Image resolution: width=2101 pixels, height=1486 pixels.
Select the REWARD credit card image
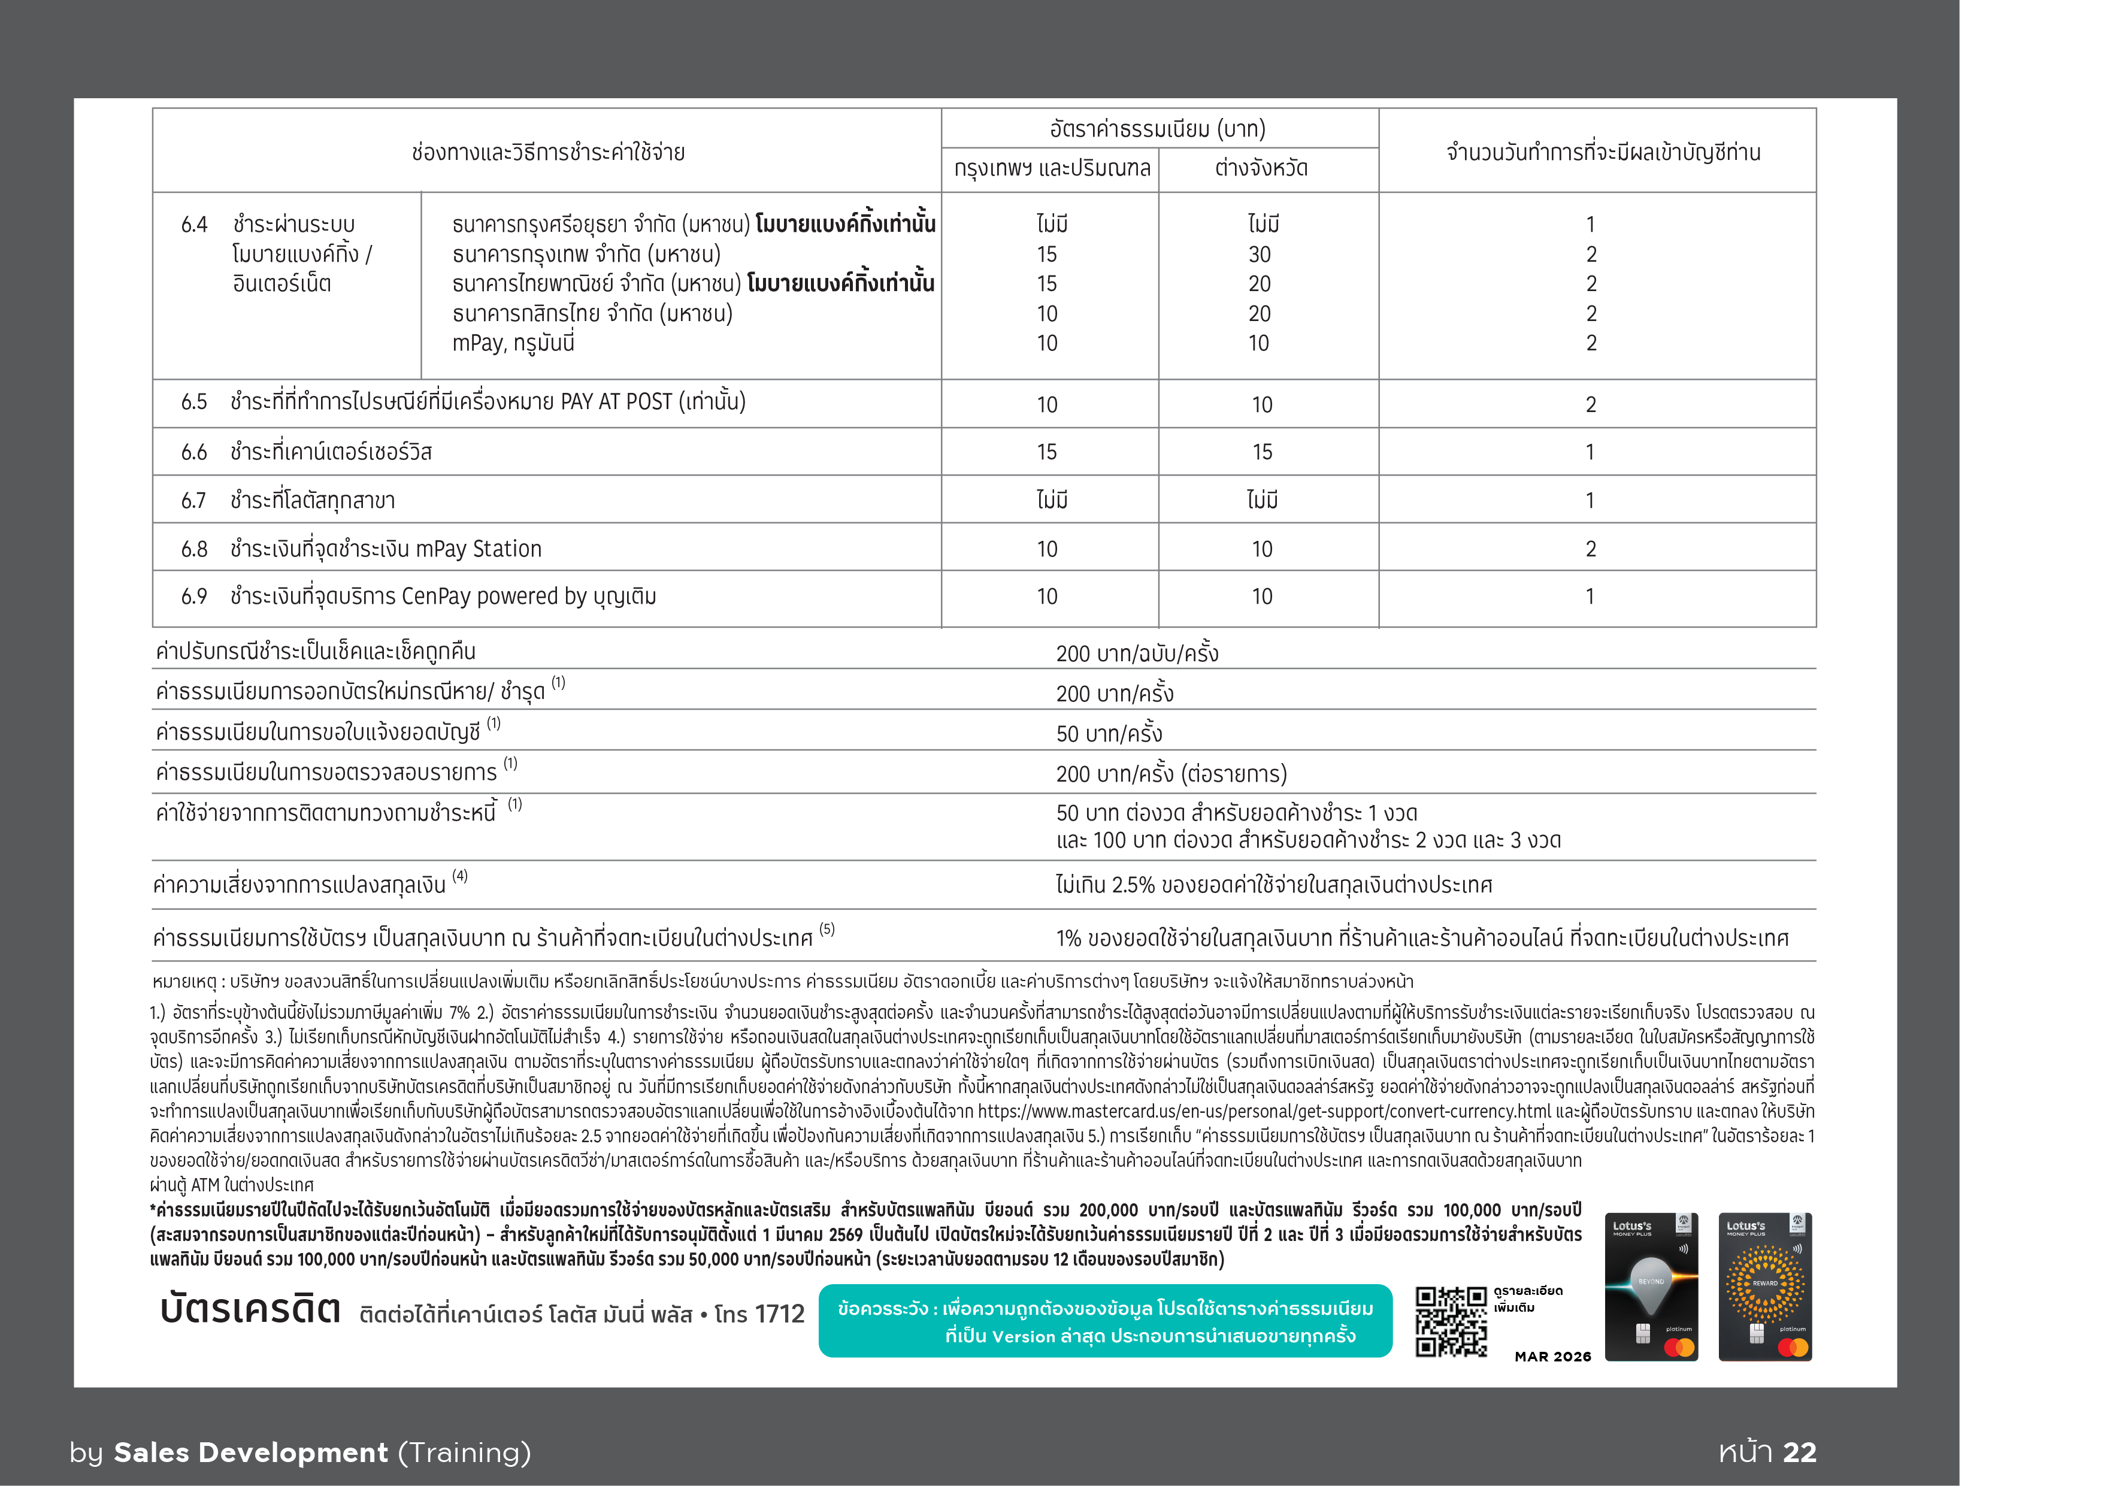coord(1764,1287)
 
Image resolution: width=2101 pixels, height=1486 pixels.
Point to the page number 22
coord(1799,1452)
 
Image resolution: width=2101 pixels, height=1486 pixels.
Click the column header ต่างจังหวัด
coord(1261,168)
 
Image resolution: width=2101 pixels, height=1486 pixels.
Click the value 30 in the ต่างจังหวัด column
coord(1260,255)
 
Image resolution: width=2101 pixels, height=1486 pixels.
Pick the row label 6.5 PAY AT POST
coord(463,402)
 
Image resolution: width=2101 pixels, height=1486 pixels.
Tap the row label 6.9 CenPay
coord(418,597)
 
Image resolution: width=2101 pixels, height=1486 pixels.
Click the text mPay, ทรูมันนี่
coord(513,343)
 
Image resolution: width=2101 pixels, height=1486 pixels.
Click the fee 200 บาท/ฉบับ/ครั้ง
coord(1137,653)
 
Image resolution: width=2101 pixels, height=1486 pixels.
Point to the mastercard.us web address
coord(1265,1111)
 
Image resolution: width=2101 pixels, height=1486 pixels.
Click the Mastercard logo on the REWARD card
coord(1792,1347)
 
